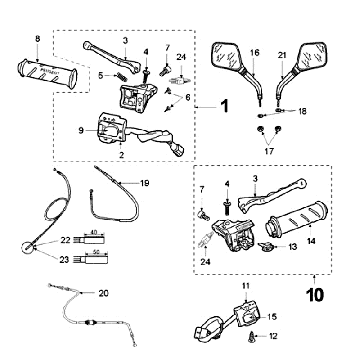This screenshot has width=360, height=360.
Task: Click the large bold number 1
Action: point(225,106)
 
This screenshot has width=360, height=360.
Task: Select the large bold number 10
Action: point(315,295)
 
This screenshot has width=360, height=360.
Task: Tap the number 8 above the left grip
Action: point(37,39)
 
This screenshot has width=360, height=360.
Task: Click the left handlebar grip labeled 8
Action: point(47,73)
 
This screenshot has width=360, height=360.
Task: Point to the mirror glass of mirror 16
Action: point(225,57)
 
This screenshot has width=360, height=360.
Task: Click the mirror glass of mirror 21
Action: point(313,56)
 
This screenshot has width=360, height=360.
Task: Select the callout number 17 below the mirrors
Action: point(269,151)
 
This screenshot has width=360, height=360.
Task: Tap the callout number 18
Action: point(302,111)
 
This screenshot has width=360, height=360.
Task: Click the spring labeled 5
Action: point(122,77)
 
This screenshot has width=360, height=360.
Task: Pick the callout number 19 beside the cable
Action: point(145,183)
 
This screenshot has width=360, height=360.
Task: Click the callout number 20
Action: point(103,293)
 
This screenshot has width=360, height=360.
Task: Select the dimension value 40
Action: point(95,232)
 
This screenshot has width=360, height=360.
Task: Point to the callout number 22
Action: point(65,240)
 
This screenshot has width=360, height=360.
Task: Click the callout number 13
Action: point(293,247)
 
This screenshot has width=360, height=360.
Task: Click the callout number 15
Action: point(272,316)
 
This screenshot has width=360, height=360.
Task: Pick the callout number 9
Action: point(81,131)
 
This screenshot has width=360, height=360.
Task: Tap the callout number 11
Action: point(246,286)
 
